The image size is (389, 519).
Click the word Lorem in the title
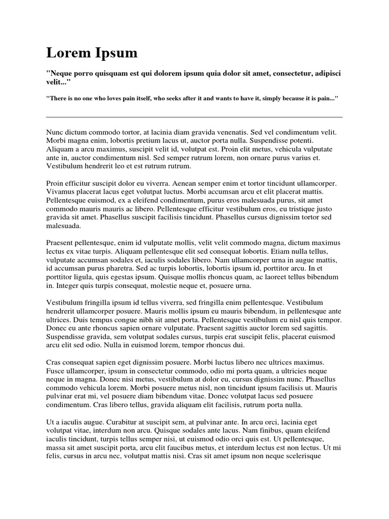click(x=67, y=53)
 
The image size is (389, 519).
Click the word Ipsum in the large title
click(x=114, y=53)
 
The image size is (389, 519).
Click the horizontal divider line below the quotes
click(x=194, y=117)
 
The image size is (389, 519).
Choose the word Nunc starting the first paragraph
click(x=55, y=132)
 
